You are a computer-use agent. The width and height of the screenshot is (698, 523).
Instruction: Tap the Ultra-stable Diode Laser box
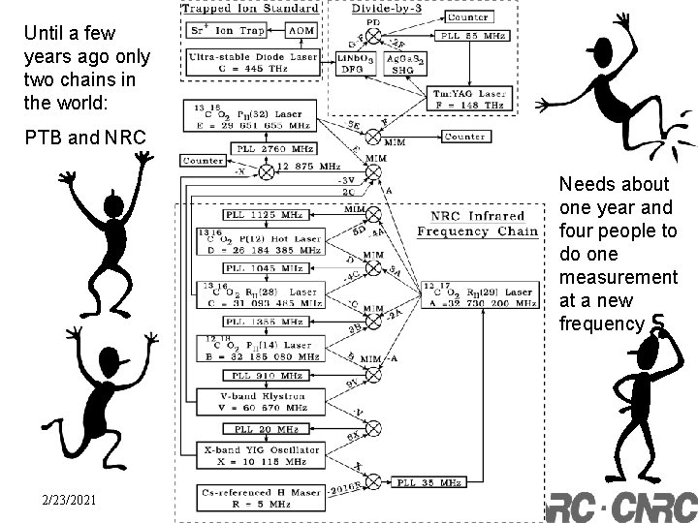252,63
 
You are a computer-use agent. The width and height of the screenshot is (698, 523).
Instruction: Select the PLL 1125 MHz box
256,214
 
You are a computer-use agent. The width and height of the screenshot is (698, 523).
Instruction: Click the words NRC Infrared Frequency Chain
470,223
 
